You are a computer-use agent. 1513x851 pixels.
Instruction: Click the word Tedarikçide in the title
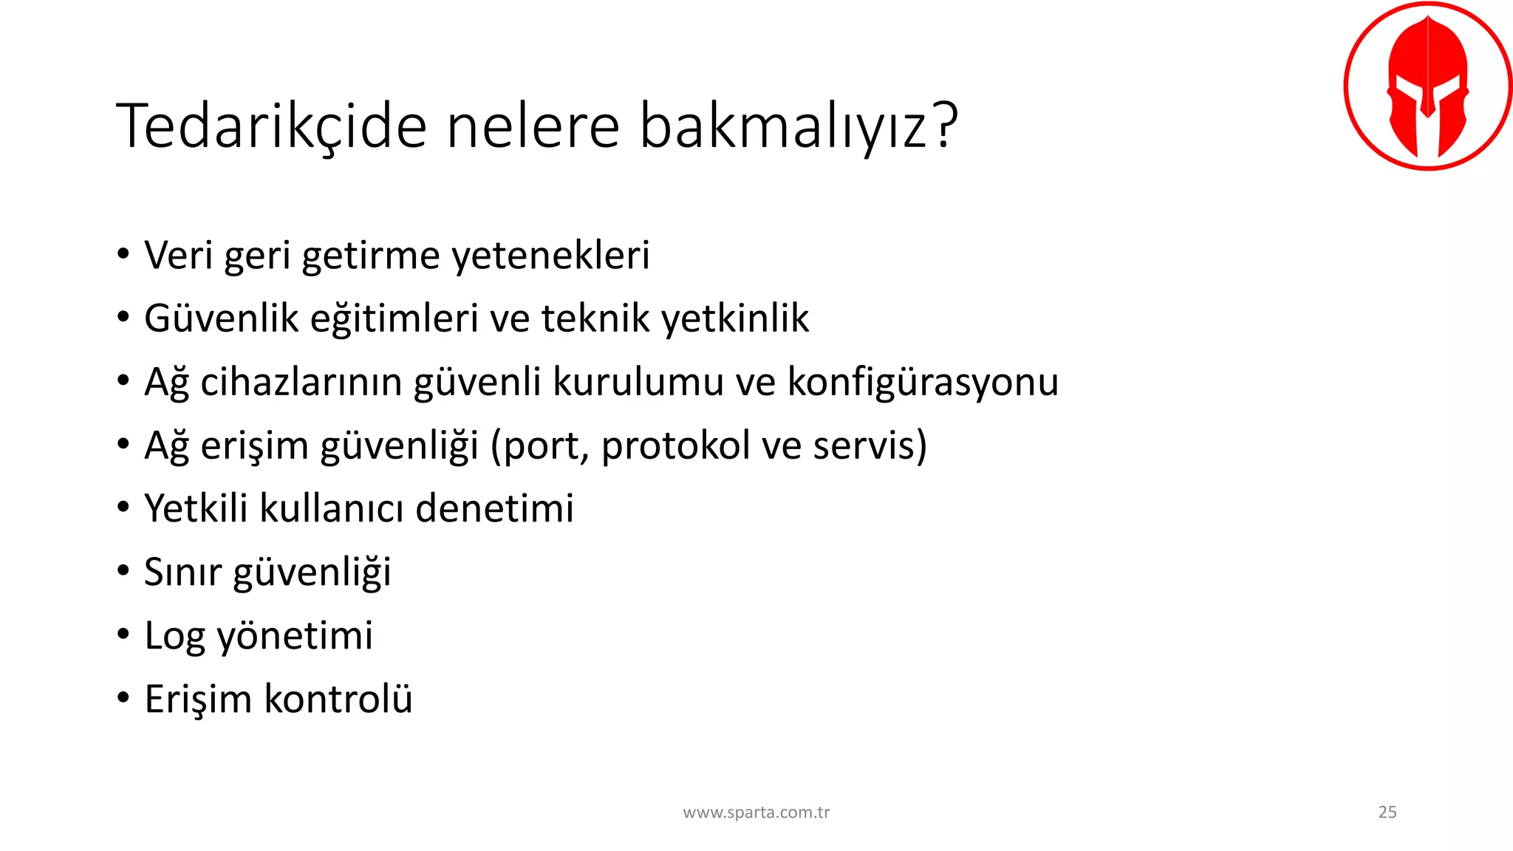pos(271,126)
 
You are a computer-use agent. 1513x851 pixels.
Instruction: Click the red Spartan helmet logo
pos(1427,86)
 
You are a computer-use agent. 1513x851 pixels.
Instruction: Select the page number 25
pos(1387,812)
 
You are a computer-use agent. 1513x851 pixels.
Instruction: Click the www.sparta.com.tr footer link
pos(756,813)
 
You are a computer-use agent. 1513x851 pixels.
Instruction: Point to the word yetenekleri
pos(550,256)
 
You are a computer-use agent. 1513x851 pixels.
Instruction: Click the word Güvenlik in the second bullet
pos(221,319)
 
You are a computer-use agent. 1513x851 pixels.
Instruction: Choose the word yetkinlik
pos(735,319)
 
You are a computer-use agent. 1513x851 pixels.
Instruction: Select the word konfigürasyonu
pos(923,383)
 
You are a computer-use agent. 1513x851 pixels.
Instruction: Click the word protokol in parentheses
pos(675,445)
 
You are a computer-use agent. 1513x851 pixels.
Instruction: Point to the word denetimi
pos(494,509)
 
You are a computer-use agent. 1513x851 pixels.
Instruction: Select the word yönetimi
pos(295,636)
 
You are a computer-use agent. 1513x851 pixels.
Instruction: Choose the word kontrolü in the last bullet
pos(338,699)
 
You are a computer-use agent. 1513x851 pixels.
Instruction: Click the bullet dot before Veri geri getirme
pos(123,255)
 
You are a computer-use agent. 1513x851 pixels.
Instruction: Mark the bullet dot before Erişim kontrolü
pos(123,697)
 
